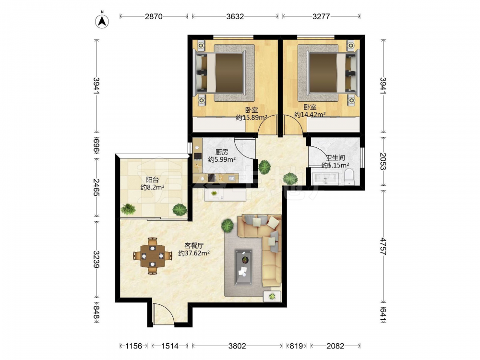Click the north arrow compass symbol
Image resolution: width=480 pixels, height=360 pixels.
click(102, 21)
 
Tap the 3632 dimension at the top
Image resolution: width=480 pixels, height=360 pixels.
click(235, 16)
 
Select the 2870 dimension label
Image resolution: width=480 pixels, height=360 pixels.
click(154, 16)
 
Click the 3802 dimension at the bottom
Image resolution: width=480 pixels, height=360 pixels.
click(237, 346)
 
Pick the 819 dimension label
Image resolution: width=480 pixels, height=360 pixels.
click(296, 346)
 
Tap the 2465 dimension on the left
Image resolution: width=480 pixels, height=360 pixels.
click(96, 187)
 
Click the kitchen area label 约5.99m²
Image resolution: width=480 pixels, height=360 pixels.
click(222, 159)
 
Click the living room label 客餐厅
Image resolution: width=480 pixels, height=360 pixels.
click(194, 245)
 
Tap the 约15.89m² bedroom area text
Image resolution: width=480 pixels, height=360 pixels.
click(252, 118)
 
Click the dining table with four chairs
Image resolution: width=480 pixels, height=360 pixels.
click(152, 256)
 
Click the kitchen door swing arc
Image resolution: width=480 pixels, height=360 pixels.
click(245, 148)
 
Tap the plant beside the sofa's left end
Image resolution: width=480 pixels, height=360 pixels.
click(228, 226)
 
